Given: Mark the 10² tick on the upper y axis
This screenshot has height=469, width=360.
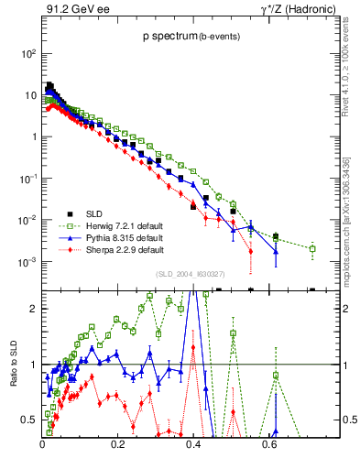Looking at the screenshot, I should (x=28, y=53).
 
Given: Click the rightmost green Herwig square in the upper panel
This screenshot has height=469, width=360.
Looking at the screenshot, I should (x=312, y=248).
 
